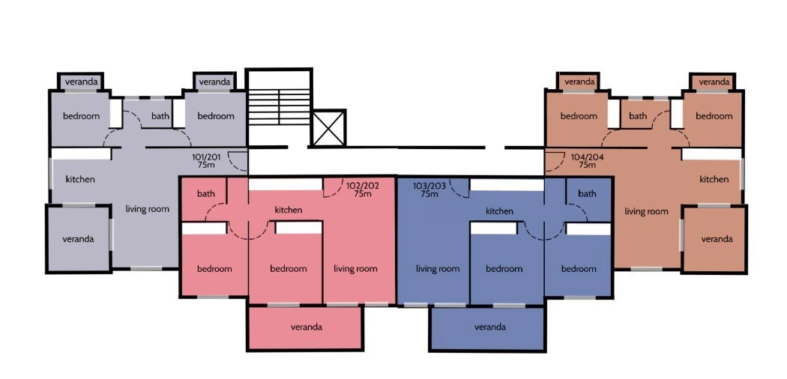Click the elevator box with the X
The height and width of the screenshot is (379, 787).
(x=329, y=128)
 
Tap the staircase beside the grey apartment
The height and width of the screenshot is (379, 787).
(x=279, y=107)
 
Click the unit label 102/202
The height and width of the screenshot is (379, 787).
(x=362, y=189)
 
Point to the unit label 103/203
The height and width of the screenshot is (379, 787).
(x=429, y=189)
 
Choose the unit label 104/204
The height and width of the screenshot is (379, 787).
(x=587, y=160)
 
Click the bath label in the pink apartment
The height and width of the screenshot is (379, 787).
(x=206, y=193)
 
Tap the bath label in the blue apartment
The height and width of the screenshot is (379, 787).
(x=587, y=193)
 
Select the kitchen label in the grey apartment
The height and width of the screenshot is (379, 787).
(x=80, y=179)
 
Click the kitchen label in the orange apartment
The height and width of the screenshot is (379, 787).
(x=714, y=179)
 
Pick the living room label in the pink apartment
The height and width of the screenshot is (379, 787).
(x=355, y=269)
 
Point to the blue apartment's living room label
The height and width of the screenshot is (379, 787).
(x=438, y=269)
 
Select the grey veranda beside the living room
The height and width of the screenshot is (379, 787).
(x=79, y=239)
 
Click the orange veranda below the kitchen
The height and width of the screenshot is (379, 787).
(x=715, y=239)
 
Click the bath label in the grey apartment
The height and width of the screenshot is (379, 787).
(x=160, y=116)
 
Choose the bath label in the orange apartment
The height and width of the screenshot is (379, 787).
(x=638, y=116)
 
